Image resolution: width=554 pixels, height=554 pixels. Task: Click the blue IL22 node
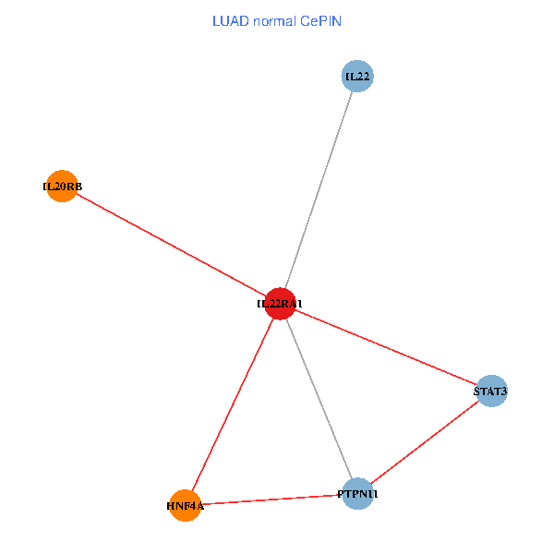(x=357, y=76)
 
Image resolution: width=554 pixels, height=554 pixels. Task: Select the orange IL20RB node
(x=62, y=187)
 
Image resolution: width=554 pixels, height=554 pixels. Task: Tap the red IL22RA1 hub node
(x=280, y=303)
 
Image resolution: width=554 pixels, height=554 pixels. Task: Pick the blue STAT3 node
(x=491, y=391)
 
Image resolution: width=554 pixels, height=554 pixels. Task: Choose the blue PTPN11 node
(x=357, y=494)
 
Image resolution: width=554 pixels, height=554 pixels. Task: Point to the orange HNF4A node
(x=186, y=505)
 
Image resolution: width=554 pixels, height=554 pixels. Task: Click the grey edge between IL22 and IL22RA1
(x=319, y=189)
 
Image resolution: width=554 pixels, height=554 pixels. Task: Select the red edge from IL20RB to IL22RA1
(x=171, y=245)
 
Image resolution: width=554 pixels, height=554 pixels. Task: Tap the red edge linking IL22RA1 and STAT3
(x=386, y=347)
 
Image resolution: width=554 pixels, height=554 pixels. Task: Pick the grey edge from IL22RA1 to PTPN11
(x=319, y=399)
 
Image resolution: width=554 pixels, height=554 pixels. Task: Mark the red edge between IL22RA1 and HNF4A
(x=233, y=403)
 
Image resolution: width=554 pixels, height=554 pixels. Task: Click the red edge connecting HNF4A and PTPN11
(x=271, y=500)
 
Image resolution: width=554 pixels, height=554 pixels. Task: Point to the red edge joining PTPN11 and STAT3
(x=425, y=443)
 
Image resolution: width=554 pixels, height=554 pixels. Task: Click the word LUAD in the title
(x=230, y=20)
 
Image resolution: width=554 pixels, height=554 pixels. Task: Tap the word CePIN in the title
(x=320, y=20)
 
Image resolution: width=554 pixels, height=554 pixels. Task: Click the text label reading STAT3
(x=490, y=391)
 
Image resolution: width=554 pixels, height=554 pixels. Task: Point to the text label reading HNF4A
(x=185, y=506)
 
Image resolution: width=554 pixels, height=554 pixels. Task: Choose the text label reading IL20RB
(x=62, y=187)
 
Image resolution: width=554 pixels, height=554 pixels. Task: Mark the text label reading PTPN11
(x=357, y=495)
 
